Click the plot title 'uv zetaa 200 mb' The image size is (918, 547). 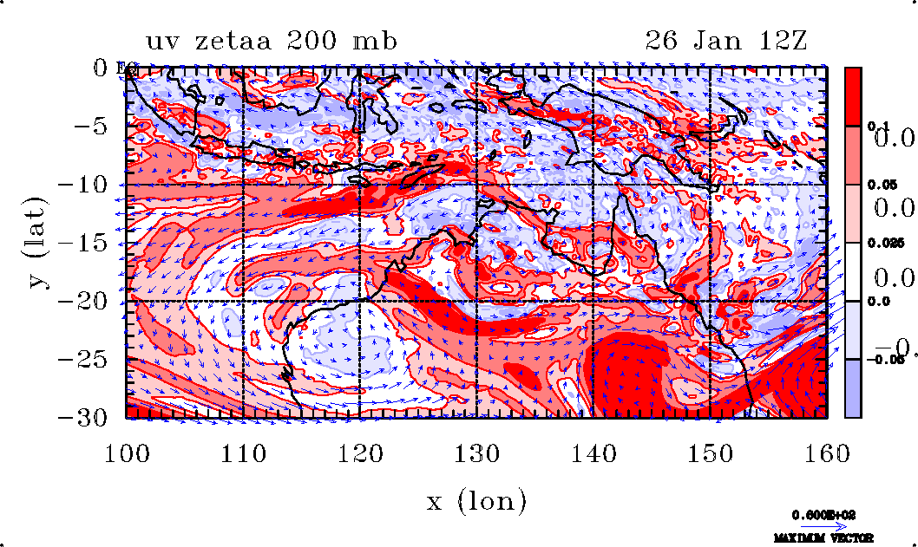click(271, 42)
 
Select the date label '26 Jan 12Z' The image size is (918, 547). click(726, 42)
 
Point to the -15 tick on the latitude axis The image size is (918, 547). click(92, 244)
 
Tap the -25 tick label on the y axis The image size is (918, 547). click(92, 360)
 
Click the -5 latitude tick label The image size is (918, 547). click(99, 127)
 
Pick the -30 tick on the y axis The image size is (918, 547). click(92, 418)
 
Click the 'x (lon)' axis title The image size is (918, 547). click(476, 500)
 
